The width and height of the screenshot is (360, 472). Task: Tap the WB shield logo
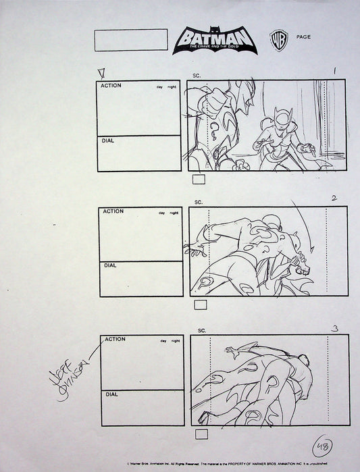pos(276,38)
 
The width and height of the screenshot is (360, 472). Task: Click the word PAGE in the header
pos(303,37)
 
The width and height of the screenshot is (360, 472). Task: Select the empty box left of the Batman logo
pos(131,40)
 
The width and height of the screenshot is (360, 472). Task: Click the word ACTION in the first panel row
pos(111,87)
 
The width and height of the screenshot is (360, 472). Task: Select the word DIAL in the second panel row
pos(111,265)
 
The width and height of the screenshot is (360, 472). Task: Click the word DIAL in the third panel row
pos(112,394)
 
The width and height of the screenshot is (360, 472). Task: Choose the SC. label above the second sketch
pos(199,202)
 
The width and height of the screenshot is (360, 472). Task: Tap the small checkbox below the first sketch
pos(199,180)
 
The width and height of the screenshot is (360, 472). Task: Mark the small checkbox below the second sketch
pos(201,305)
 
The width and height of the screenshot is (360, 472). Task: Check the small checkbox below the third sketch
pos(201,434)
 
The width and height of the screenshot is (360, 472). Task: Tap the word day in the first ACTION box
pos(159,88)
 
